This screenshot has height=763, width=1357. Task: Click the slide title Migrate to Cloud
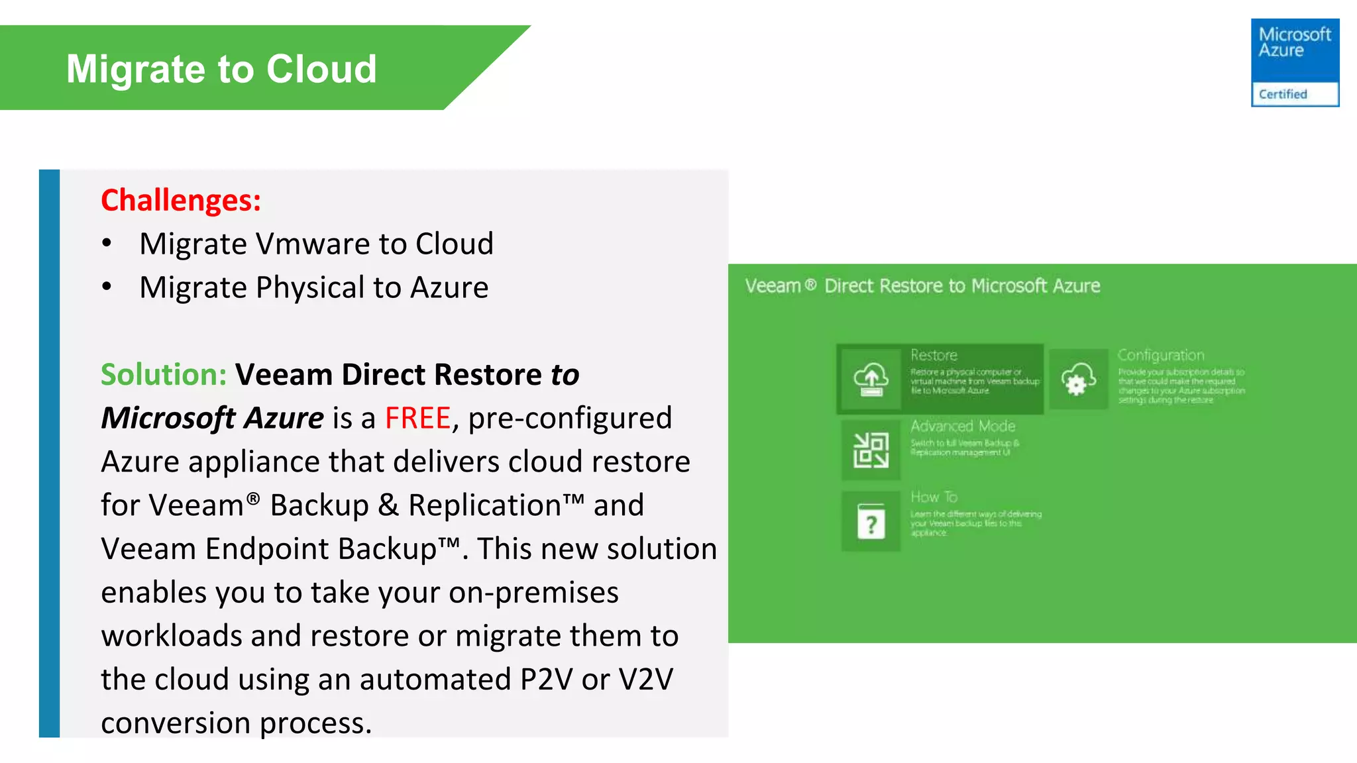(x=221, y=69)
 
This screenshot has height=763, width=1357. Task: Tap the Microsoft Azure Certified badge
(x=1294, y=62)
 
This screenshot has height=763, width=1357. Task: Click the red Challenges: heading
(x=181, y=200)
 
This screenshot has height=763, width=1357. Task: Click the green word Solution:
(x=164, y=375)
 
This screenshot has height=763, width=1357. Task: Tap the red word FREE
(x=417, y=419)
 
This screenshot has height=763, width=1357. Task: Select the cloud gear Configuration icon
(x=1078, y=380)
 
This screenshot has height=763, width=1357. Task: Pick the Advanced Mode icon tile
(x=871, y=450)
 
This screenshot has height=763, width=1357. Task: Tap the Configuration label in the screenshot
(x=1160, y=355)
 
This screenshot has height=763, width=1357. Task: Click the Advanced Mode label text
(x=962, y=426)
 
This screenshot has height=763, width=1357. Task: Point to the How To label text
(x=934, y=497)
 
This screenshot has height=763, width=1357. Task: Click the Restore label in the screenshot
(x=934, y=355)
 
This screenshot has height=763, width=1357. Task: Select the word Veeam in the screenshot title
(x=773, y=286)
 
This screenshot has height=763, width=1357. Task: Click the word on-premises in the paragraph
(x=533, y=593)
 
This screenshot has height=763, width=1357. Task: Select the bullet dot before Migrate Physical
(x=107, y=287)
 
